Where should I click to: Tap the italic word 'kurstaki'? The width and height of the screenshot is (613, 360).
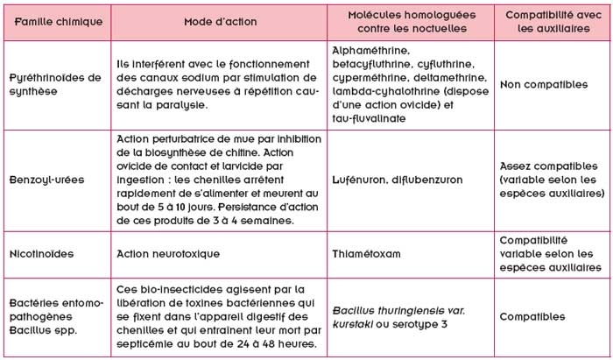(x=356, y=323)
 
